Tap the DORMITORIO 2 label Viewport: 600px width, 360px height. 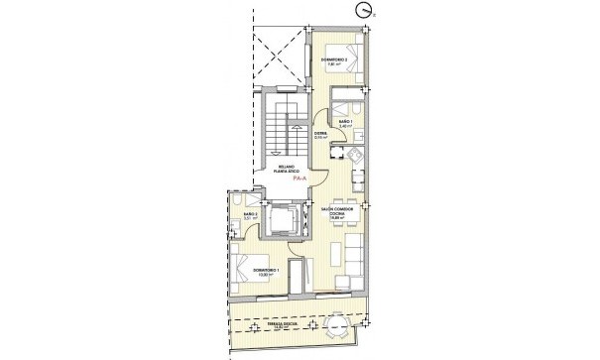pyautogui.click(x=338, y=60)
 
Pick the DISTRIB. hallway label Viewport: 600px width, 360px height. pyautogui.click(x=320, y=135)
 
